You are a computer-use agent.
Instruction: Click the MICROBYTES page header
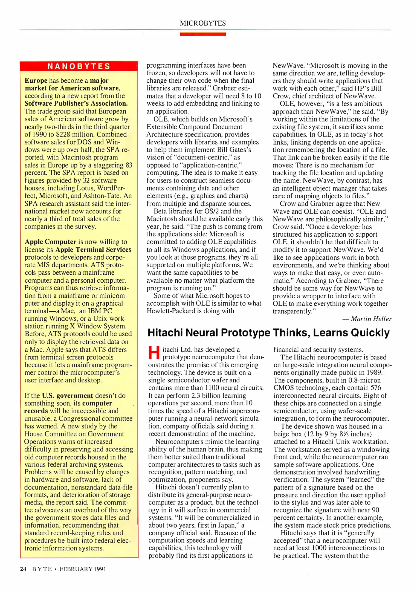(x=203, y=23)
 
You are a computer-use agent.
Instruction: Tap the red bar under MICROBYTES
(x=203, y=34)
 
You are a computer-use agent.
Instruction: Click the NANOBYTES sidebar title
(x=79, y=66)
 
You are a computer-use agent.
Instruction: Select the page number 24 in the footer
(x=23, y=569)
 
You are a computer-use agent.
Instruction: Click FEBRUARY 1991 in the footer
(x=83, y=569)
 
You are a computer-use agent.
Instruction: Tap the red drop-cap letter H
(x=154, y=353)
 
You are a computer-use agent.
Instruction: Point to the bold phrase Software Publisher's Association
(x=76, y=103)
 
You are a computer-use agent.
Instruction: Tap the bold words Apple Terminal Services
(x=93, y=250)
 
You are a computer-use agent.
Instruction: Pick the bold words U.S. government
(x=67, y=395)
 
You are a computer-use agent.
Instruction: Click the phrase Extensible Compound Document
(x=194, y=127)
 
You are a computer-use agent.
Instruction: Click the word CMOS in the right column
(x=282, y=388)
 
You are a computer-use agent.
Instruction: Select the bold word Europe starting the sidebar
(x=36, y=80)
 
